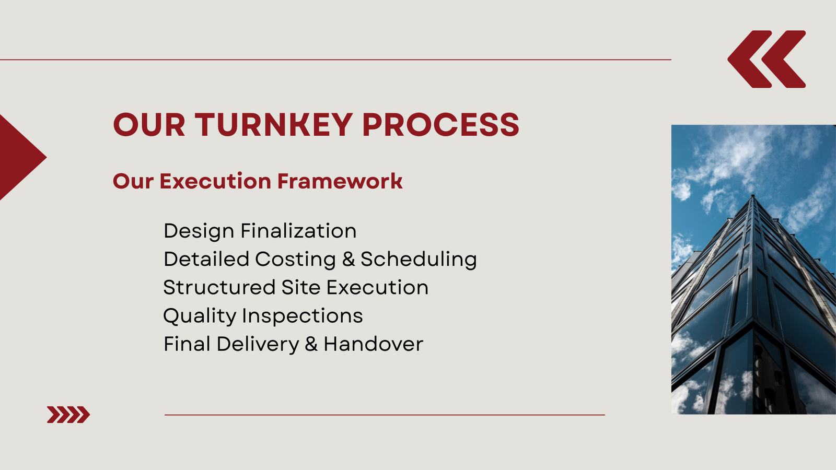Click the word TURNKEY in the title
(x=274, y=125)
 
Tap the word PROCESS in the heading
(x=441, y=125)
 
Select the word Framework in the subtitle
(x=340, y=181)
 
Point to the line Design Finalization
(x=260, y=231)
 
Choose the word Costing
(x=296, y=260)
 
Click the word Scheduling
(x=419, y=260)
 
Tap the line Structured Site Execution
(x=296, y=288)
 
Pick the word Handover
(x=374, y=344)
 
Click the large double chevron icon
(x=767, y=60)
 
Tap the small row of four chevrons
(x=68, y=415)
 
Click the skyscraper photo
(x=753, y=269)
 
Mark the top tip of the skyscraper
(x=752, y=195)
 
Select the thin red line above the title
(x=335, y=60)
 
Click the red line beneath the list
(x=385, y=415)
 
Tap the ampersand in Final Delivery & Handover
(x=311, y=344)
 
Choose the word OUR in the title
(x=149, y=125)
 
